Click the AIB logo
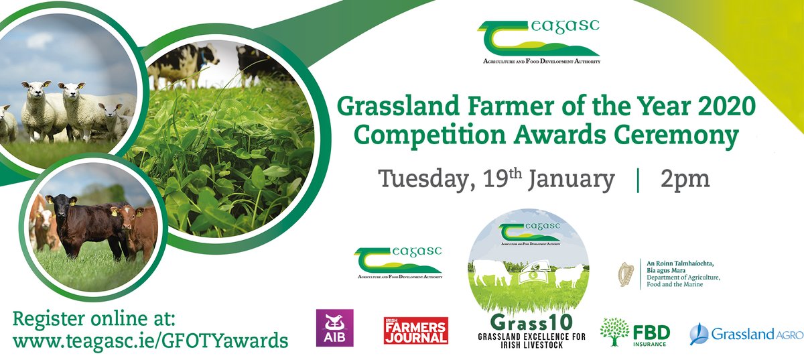[x=334, y=328]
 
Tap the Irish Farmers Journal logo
[x=415, y=331]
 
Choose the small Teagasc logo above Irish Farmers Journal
[x=398, y=262]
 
